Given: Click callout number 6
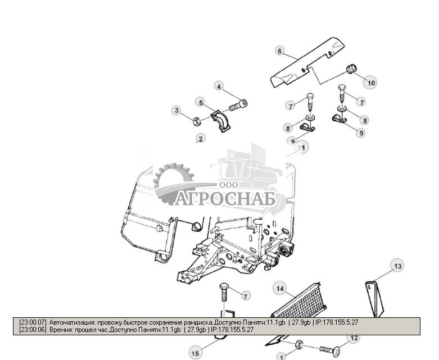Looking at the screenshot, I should pyautogui.click(x=279, y=51).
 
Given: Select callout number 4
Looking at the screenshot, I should pyautogui.click(x=219, y=86).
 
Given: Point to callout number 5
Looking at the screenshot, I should pyautogui.click(x=200, y=102).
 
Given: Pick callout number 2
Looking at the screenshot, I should pyautogui.click(x=200, y=138).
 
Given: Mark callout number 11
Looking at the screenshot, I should pyautogui.click(x=303, y=147).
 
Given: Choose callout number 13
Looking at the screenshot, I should pyautogui.click(x=397, y=266).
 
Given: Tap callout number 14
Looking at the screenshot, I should pyautogui.click(x=280, y=289).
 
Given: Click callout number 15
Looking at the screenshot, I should pyautogui.click(x=195, y=353).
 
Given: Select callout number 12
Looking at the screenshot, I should pyautogui.click(x=354, y=338).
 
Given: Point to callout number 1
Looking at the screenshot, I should pyautogui.click(x=282, y=356).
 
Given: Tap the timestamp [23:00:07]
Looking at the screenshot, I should pyautogui.click(x=33, y=322).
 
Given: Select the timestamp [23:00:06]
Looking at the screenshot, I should pyautogui.click(x=33, y=330).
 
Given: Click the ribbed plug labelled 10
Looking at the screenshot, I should pyautogui.click(x=352, y=70).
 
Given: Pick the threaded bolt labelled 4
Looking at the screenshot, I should pyautogui.click(x=238, y=105).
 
